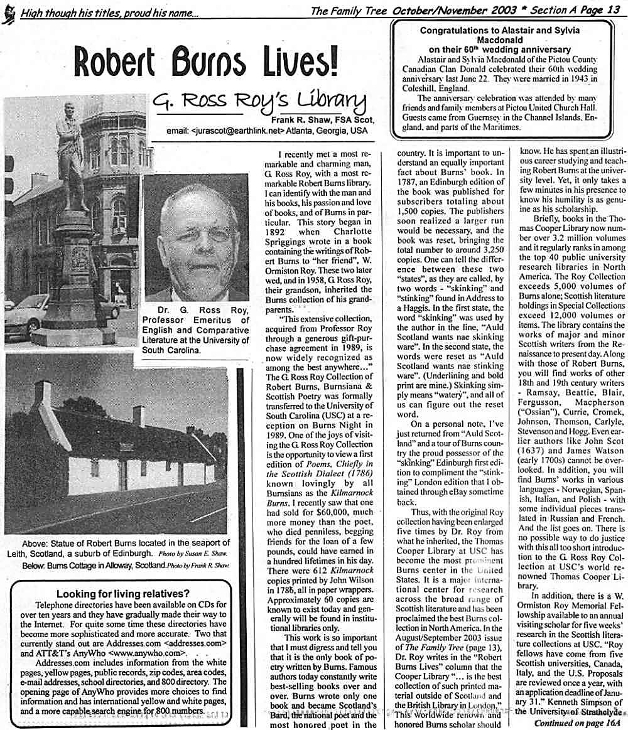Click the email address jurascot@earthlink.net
[x=229, y=131]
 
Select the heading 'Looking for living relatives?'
[x=123, y=594]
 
